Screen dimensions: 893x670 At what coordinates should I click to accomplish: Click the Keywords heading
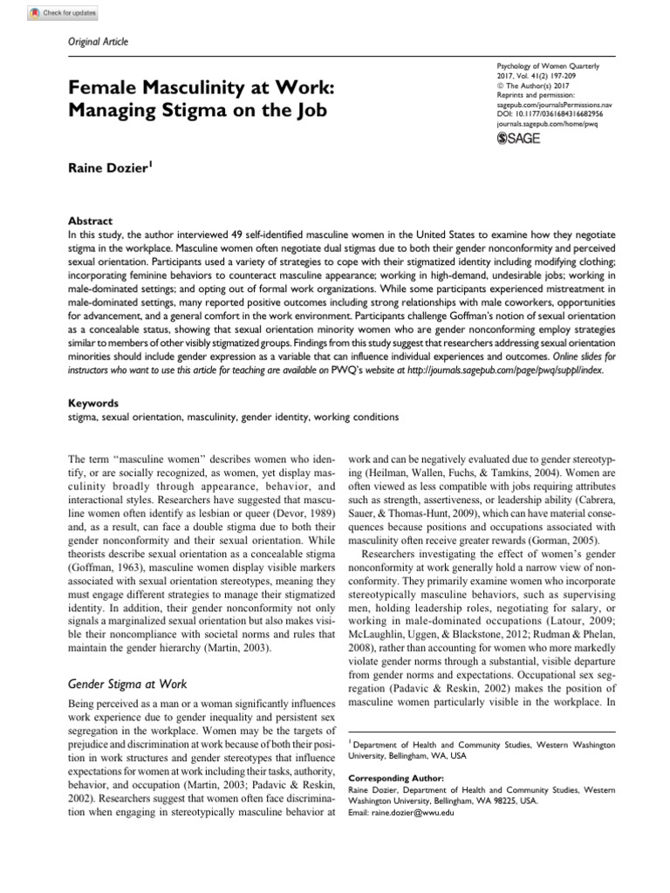tap(93, 405)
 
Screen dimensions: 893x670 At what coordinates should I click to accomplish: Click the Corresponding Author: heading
tap(395, 778)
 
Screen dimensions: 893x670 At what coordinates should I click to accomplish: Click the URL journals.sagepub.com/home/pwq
tap(547, 124)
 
